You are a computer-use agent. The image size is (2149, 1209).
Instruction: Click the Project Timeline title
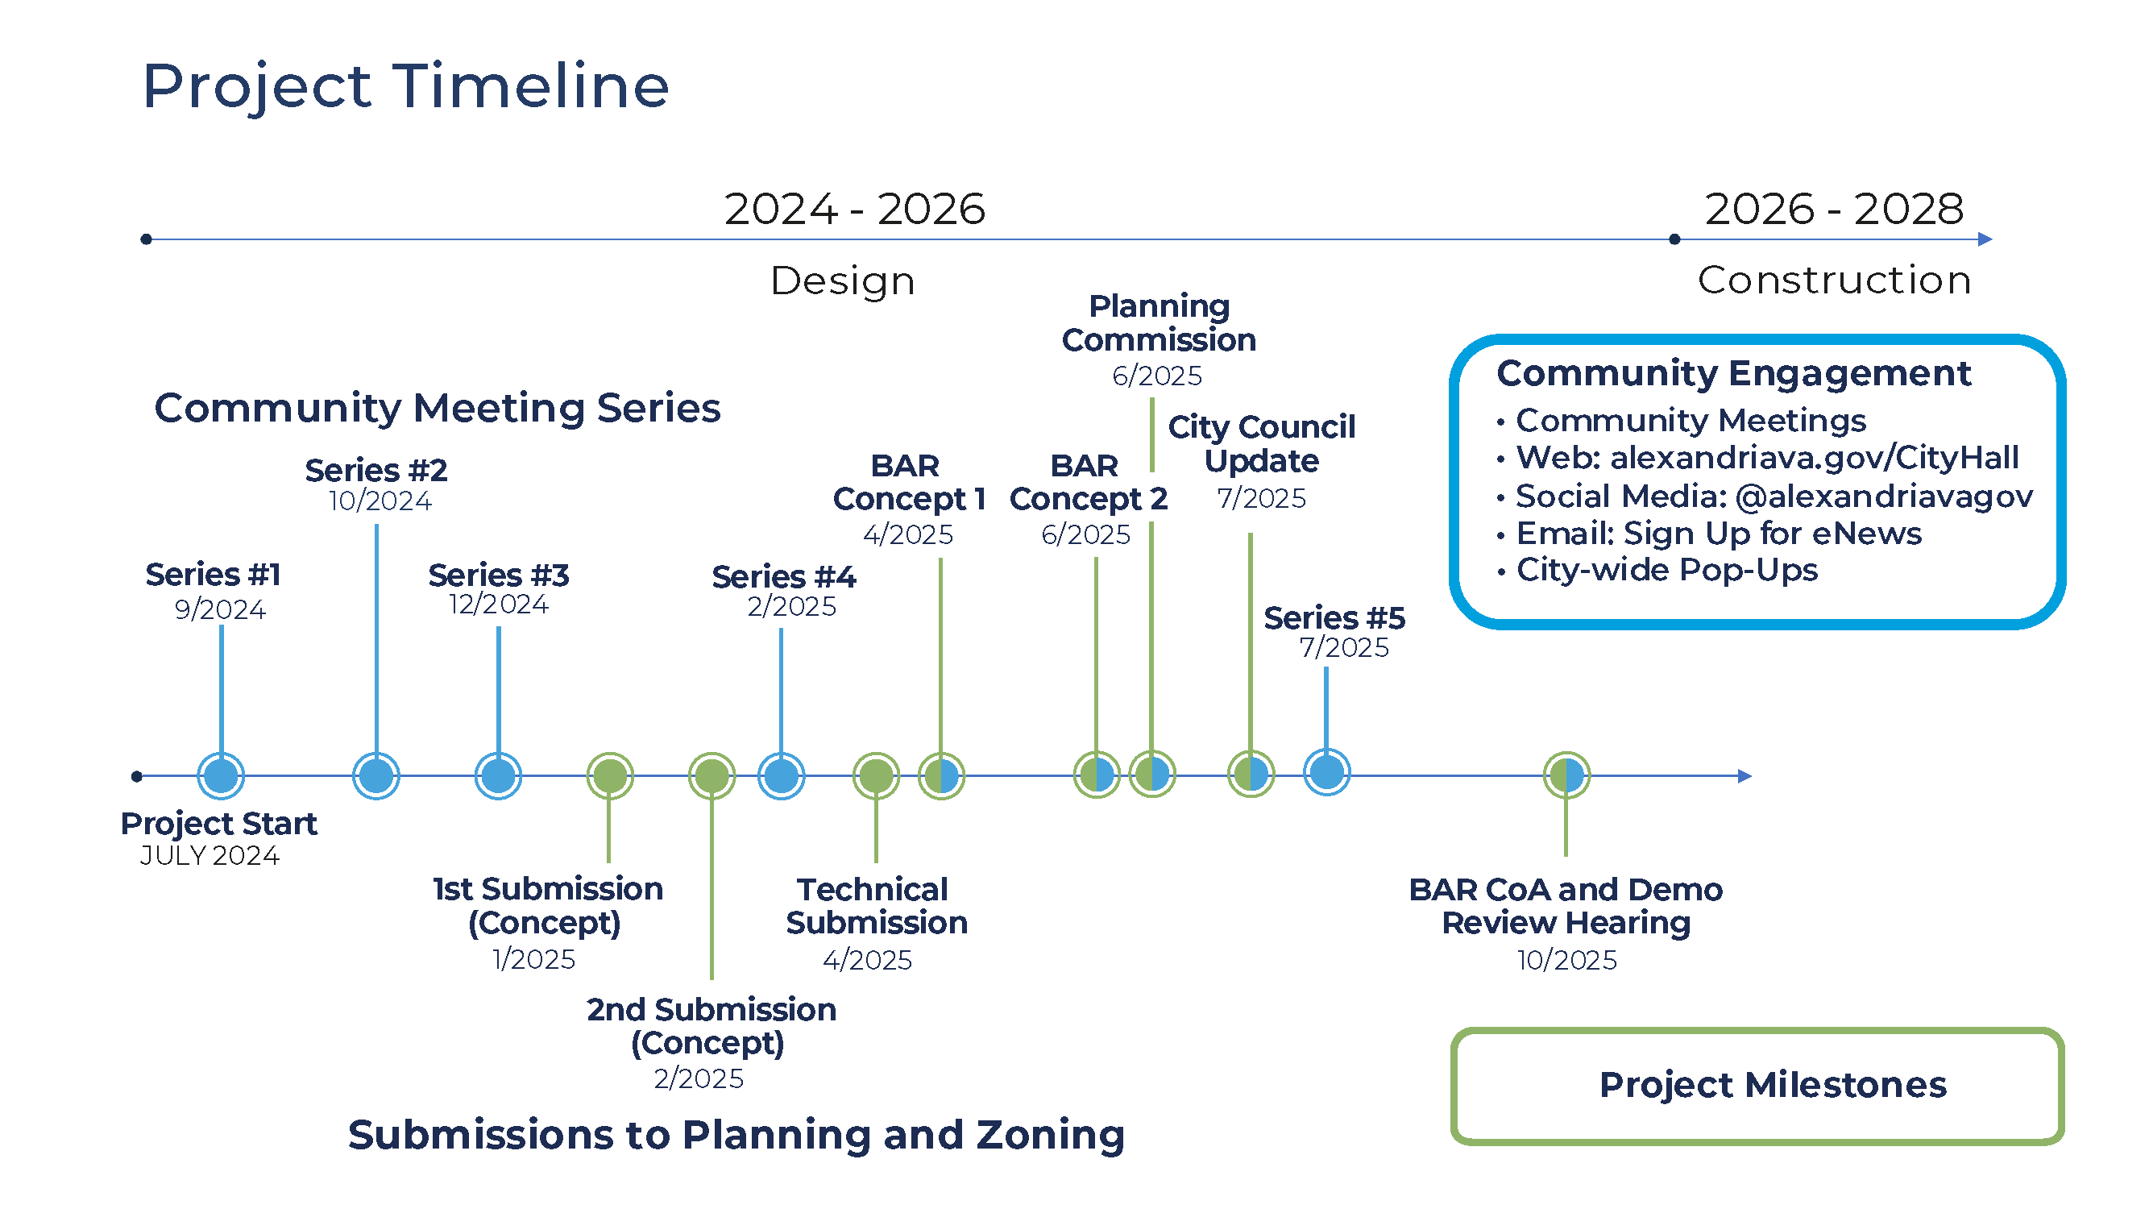click(x=405, y=86)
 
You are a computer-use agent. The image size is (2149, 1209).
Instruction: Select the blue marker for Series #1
click(x=221, y=776)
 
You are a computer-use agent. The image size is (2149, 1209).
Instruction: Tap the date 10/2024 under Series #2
click(x=380, y=501)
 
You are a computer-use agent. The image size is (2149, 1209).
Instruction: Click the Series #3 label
click(x=498, y=575)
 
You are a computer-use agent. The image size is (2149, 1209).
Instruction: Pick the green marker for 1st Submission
click(x=610, y=776)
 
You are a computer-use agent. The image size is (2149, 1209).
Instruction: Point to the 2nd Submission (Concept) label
click(x=711, y=1025)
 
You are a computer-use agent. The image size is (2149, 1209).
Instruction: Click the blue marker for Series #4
click(x=781, y=776)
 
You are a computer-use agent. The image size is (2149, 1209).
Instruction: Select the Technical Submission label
click(x=875, y=906)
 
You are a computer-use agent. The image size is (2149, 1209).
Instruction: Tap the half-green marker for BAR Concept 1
click(x=941, y=776)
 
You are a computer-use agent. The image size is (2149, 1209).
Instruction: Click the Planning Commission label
click(x=1159, y=323)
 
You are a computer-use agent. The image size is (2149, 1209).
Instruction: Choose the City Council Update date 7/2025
click(x=1260, y=498)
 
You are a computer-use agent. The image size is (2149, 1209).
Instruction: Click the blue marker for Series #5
click(x=1326, y=772)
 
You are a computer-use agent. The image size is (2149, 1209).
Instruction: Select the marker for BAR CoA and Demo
click(x=1566, y=775)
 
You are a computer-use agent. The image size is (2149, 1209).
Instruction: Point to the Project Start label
click(x=218, y=824)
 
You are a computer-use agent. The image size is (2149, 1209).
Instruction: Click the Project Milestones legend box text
click(x=1772, y=1085)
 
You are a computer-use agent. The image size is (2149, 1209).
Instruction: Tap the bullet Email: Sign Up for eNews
click(x=1718, y=533)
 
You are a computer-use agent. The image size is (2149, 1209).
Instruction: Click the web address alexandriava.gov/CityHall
click(x=1814, y=457)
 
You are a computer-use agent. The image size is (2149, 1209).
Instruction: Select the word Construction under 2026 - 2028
click(x=1834, y=280)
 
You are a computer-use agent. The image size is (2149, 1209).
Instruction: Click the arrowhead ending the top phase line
click(x=1985, y=239)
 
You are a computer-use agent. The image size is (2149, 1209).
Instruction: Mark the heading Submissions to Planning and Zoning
click(x=736, y=1135)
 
